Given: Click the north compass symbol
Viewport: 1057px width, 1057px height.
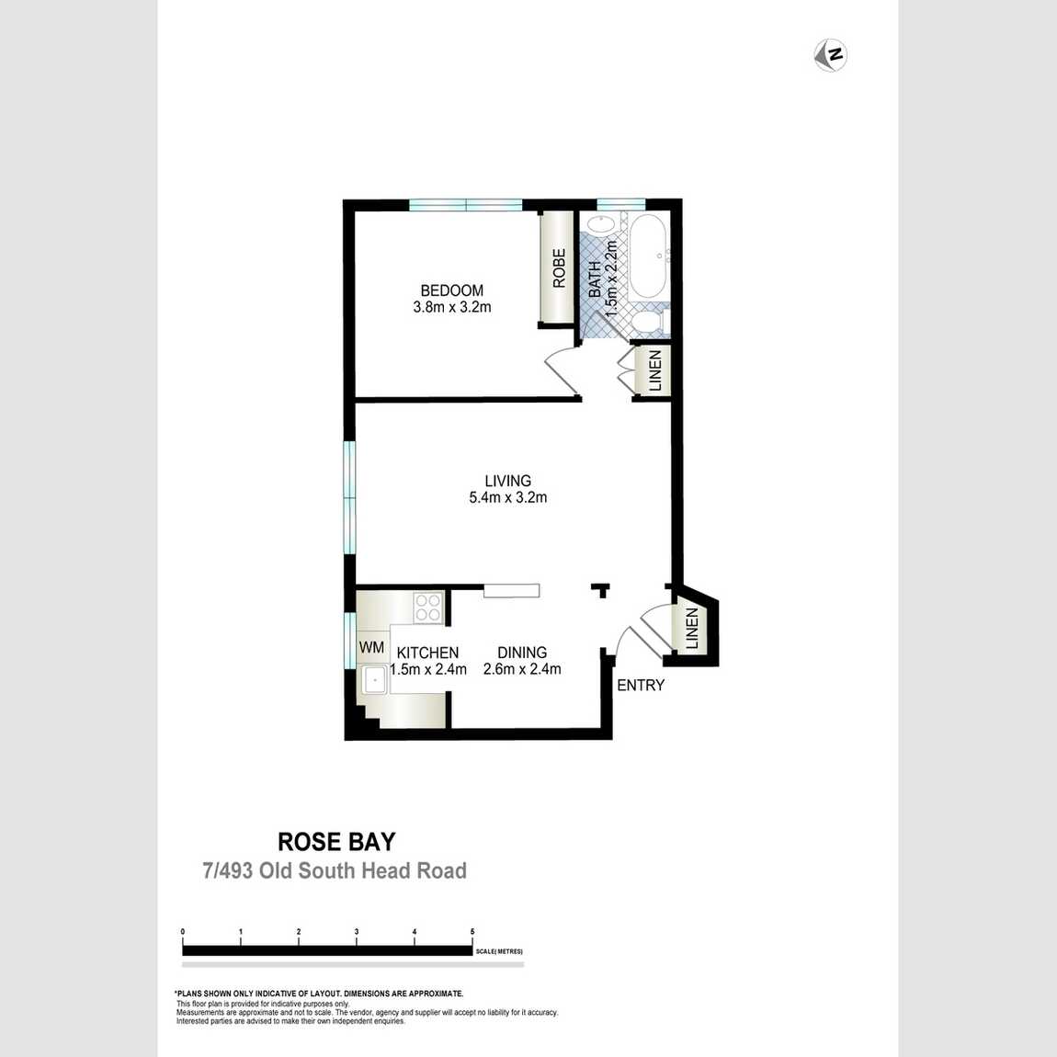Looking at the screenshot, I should [x=831, y=55].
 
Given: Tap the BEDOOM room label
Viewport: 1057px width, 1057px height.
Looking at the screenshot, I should [x=451, y=290].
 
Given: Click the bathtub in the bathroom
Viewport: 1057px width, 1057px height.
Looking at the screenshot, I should [x=647, y=256].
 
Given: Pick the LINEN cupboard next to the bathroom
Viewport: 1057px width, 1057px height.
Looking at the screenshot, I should [x=654, y=370].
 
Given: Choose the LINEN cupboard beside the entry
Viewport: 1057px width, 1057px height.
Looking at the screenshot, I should [x=691, y=630].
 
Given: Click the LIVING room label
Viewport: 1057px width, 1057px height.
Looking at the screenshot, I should [x=507, y=481].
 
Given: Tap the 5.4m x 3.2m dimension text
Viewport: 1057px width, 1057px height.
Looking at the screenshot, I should [x=507, y=498].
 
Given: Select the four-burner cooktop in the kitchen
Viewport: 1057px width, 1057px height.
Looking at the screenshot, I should [x=428, y=607].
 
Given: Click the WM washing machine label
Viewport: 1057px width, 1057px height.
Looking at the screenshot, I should [x=371, y=648].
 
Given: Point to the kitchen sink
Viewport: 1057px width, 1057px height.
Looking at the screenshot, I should [x=374, y=681].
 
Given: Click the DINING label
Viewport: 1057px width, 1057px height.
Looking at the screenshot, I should [x=522, y=653].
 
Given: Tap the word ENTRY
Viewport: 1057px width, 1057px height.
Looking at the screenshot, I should [x=641, y=686].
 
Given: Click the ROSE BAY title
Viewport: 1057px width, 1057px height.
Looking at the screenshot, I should [x=336, y=842].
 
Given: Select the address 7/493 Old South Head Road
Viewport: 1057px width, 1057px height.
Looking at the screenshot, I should [x=335, y=870].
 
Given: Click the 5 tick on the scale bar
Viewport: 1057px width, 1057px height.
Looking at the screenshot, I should [x=472, y=932].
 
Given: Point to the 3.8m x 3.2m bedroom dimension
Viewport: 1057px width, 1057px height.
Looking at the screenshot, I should [x=451, y=308].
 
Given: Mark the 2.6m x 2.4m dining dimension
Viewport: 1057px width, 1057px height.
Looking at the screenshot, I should [x=522, y=670].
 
